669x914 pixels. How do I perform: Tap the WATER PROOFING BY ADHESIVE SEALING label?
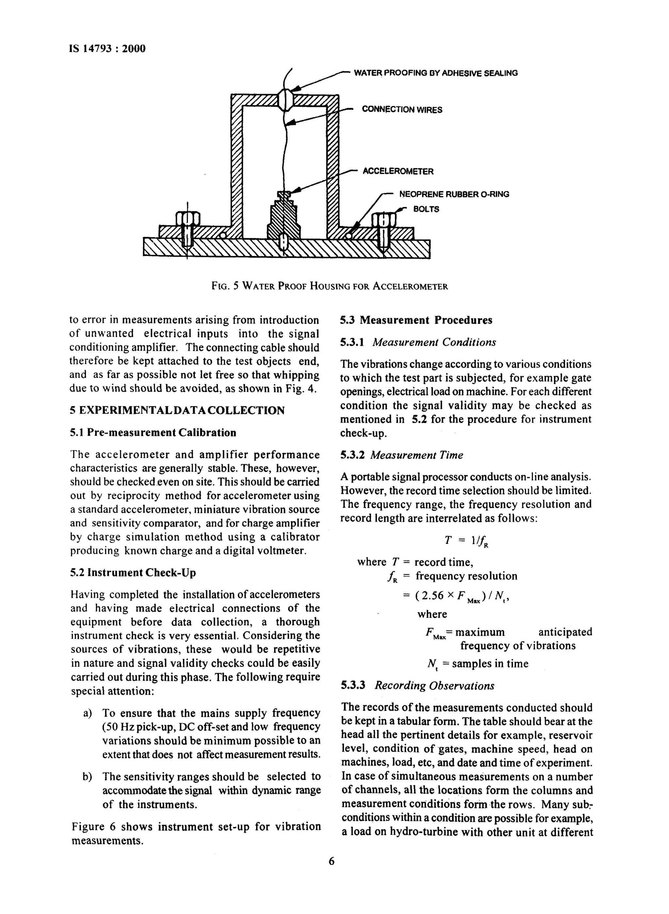pos(435,73)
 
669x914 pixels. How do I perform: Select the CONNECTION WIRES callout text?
pos(402,110)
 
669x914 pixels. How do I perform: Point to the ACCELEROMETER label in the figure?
pos(398,171)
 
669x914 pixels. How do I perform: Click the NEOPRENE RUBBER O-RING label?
pos(454,195)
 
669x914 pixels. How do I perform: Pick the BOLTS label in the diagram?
pos(426,210)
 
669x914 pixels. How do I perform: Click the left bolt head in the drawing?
pos(188,219)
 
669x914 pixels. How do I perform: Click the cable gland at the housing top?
pos(286,99)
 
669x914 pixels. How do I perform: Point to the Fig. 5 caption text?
pos(330,286)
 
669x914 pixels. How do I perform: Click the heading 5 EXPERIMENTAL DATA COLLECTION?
pos(177,410)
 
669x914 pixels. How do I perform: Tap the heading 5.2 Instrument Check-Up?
pos(133,573)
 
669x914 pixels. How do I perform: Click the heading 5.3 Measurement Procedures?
pos(416,320)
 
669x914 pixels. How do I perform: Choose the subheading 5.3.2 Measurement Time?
pos(401,455)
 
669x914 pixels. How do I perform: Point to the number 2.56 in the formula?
pos(432,596)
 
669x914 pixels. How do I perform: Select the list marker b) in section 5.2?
pos(87,777)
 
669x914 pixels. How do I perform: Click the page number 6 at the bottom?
pos(332,861)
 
